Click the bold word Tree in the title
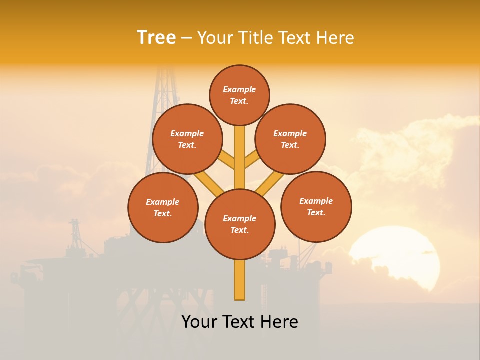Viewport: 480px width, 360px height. pyautogui.click(x=156, y=37)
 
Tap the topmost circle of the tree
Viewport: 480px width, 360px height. pyautogui.click(x=239, y=95)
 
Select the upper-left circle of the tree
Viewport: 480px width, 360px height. pyautogui.click(x=187, y=139)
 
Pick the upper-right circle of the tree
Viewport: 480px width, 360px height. pyautogui.click(x=290, y=139)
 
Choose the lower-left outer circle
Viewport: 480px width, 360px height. pyautogui.click(x=163, y=207)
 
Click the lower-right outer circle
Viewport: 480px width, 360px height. pyautogui.click(x=316, y=206)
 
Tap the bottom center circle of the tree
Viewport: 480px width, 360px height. pyautogui.click(x=240, y=224)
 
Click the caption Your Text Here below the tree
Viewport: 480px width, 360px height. pyautogui.click(x=240, y=322)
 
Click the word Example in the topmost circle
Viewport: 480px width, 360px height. pyautogui.click(x=239, y=89)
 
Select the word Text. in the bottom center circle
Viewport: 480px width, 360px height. pyautogui.click(x=240, y=230)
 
